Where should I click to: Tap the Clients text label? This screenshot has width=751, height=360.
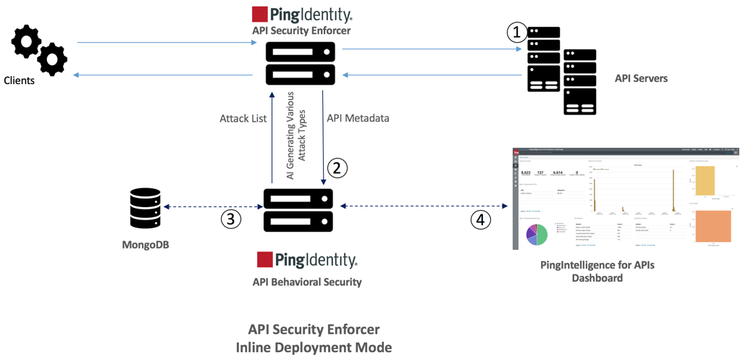19,80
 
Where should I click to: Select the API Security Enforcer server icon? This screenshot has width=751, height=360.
301,63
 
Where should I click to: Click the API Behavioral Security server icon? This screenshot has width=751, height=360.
298,210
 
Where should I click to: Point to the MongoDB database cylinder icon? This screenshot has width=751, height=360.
145,209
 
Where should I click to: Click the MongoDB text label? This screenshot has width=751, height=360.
146,245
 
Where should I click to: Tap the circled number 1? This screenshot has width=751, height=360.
516,32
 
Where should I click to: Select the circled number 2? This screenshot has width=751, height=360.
337,168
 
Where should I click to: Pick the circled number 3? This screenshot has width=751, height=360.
230,219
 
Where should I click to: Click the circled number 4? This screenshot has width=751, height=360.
480,219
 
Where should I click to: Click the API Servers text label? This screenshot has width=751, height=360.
641,78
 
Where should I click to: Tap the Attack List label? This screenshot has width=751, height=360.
243,118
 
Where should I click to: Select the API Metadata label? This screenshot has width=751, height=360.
358,118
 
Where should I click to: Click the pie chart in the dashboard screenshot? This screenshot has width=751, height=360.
537,234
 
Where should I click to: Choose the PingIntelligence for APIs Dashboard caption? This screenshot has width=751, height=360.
597,271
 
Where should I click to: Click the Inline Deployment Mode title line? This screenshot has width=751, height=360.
314,348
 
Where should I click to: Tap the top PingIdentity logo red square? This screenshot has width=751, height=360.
260,14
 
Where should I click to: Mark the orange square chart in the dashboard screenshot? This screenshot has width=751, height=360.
713,226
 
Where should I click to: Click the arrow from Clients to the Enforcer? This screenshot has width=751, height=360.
167,43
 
